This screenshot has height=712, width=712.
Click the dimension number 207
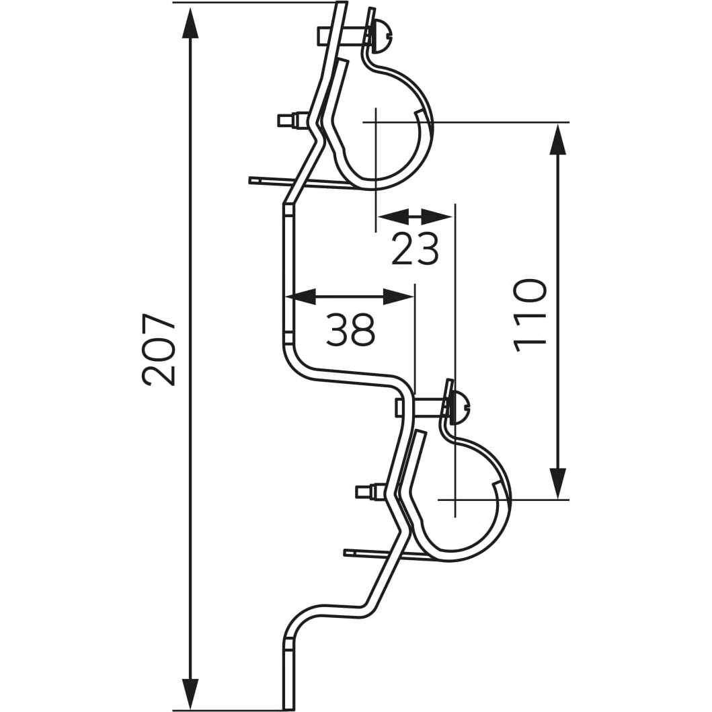coord(159,349)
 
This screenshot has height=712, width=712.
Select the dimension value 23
coord(416,249)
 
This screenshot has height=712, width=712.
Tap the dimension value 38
coord(350,330)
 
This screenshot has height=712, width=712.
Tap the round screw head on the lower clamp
coord(461,406)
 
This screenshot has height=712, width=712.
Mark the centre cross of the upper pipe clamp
coord(375,122)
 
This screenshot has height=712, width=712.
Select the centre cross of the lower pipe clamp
coord(455,500)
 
